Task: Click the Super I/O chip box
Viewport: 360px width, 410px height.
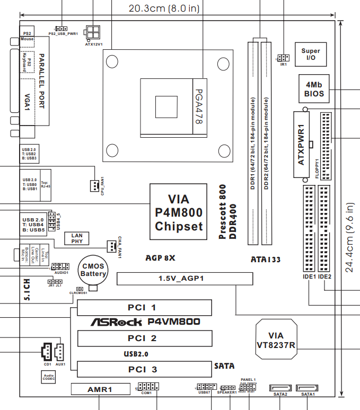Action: click(x=311, y=55)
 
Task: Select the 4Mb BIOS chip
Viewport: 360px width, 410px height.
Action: click(x=313, y=88)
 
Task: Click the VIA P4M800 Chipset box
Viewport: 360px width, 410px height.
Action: click(x=178, y=213)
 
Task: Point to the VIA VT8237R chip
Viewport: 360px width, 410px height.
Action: click(x=276, y=340)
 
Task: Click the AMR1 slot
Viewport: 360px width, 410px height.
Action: click(x=100, y=389)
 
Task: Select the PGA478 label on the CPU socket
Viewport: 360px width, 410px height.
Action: click(x=199, y=106)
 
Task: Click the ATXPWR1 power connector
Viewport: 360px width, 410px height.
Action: click(x=300, y=145)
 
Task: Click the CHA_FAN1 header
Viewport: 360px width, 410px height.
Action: click(x=111, y=246)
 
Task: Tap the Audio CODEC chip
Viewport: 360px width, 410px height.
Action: click(x=49, y=377)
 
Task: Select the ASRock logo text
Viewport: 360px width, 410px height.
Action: click(x=117, y=322)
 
